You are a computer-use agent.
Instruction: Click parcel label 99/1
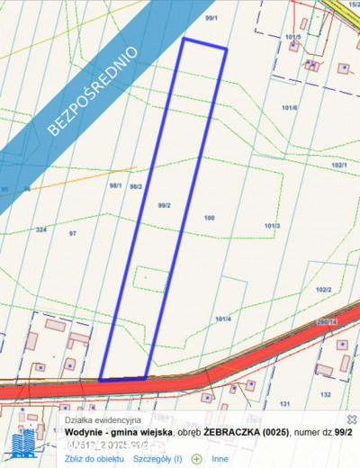(x=211, y=18)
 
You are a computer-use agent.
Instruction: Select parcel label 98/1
(x=115, y=186)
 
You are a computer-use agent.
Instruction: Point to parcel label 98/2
(x=136, y=186)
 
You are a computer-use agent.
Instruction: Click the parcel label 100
(x=209, y=218)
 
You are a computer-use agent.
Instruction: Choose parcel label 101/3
(x=273, y=225)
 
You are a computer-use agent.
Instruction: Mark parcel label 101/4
(x=224, y=319)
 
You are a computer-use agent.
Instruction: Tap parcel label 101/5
(x=291, y=37)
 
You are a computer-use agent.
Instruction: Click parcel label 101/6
(x=290, y=107)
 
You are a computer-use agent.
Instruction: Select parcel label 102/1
(x=339, y=166)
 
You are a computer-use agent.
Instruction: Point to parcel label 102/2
(x=324, y=290)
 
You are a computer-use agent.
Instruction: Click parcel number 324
(x=40, y=230)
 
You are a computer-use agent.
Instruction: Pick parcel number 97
(x=73, y=233)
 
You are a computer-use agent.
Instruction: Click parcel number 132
(x=325, y=394)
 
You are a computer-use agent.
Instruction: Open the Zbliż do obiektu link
(x=94, y=458)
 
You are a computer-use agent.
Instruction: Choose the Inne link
(x=220, y=458)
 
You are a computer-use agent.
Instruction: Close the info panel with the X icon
(x=351, y=419)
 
